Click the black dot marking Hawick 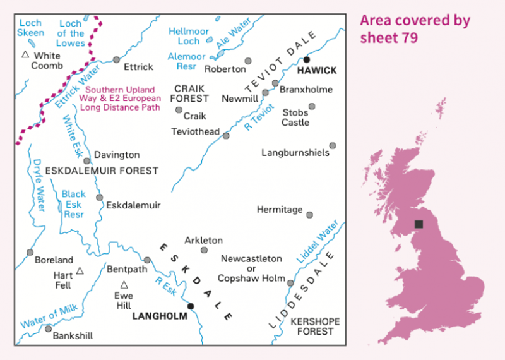point(307,59)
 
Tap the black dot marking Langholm point(191,306)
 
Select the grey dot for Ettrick point(116,60)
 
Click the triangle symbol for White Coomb point(25,55)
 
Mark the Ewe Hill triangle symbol point(124,285)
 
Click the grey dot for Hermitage point(309,215)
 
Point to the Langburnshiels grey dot point(333,145)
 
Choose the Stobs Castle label point(295,117)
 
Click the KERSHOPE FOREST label point(315,327)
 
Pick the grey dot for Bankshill point(48,328)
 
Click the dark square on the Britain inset point(419,224)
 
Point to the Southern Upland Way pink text point(120,99)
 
